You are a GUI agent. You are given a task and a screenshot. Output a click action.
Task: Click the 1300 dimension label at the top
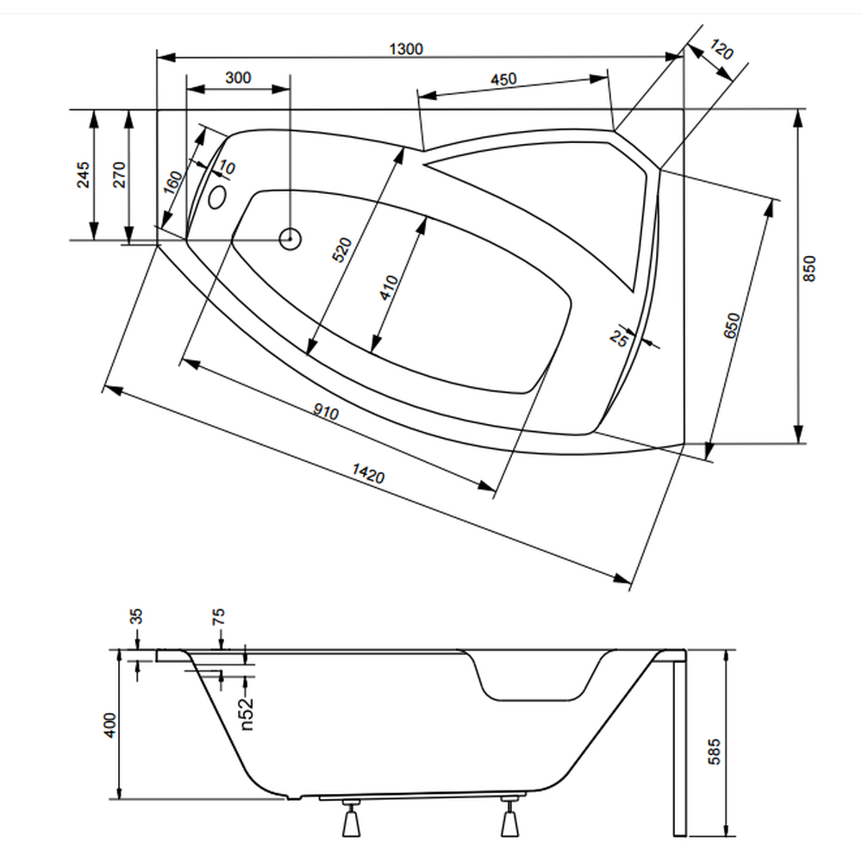405,48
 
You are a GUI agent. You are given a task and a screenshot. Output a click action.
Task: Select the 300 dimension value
238,78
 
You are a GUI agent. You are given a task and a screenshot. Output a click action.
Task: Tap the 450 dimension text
503,79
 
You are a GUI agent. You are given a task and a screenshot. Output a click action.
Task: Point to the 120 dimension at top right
721,51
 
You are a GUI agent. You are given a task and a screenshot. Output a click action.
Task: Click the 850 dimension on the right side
809,269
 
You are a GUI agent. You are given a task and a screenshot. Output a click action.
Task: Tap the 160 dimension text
173,183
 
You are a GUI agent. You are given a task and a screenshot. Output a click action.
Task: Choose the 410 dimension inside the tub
390,287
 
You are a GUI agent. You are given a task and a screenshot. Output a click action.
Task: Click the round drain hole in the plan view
290,238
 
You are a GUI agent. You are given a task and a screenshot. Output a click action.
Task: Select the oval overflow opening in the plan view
217,198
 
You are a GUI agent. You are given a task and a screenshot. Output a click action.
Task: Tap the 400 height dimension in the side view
109,727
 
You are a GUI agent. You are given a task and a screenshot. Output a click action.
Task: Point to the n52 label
247,715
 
